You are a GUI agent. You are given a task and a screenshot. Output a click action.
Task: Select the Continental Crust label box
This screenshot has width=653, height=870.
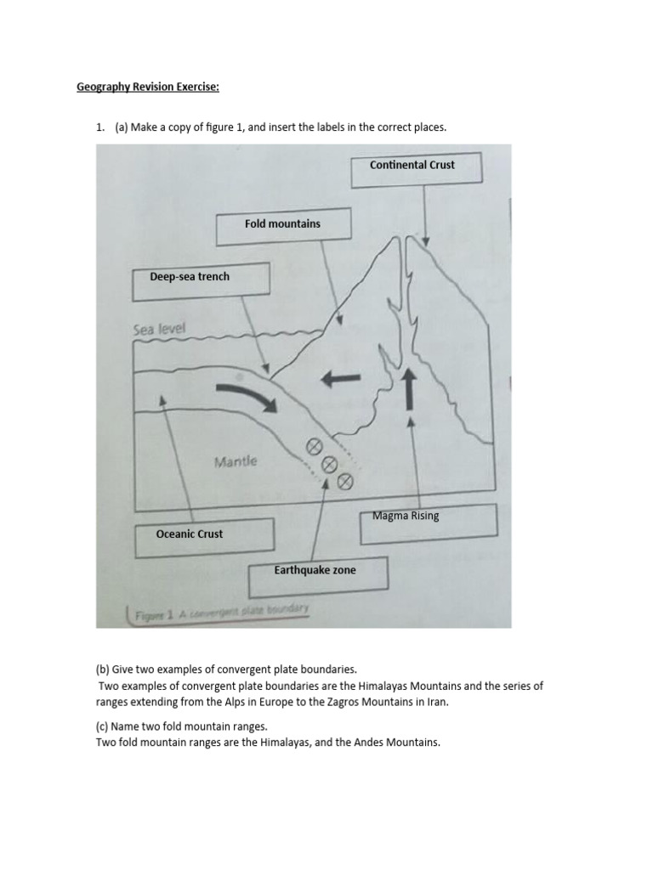(416, 167)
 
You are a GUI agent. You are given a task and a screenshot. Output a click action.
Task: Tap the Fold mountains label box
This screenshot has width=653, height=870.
(283, 226)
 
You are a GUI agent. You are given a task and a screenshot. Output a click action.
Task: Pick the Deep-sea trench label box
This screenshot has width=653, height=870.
(201, 281)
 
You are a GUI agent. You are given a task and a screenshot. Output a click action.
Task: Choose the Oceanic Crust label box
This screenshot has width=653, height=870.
(203, 535)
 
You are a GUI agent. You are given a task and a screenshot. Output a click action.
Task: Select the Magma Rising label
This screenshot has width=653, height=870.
(406, 516)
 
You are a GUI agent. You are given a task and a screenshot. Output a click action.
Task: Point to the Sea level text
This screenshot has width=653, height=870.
(159, 329)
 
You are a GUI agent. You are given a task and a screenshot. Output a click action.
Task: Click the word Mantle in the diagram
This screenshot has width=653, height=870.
(236, 462)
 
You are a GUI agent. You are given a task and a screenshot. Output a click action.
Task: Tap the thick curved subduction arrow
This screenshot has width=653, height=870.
(247, 400)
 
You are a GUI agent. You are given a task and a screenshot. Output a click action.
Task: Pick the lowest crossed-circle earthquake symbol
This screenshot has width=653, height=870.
(344, 482)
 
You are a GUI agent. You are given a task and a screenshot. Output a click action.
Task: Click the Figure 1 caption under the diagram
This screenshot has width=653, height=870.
(219, 610)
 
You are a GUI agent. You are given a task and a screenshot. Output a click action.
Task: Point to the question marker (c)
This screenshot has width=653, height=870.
(103, 726)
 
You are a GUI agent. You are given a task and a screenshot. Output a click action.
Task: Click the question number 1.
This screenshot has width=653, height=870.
(99, 127)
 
